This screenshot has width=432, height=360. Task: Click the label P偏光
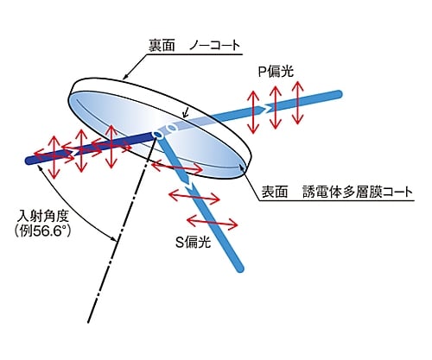point(276,72)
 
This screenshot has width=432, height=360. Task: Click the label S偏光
point(194,243)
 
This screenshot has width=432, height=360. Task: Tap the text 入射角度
point(42,216)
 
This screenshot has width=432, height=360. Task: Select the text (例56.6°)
point(42,231)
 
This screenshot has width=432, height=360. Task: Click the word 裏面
point(162,46)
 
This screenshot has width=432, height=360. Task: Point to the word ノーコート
point(214,46)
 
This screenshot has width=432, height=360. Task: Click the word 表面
point(275,192)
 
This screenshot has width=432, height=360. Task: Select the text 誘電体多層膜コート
point(358,192)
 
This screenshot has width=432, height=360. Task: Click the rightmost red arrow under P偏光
point(298,103)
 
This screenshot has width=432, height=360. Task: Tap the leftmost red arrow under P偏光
point(253,112)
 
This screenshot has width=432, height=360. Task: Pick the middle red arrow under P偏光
point(276,107)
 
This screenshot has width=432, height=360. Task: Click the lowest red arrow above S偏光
point(213,223)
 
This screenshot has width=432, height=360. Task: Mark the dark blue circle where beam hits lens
point(157,134)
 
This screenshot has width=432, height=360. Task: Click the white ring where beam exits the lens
point(172,127)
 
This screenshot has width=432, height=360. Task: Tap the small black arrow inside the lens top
point(186,112)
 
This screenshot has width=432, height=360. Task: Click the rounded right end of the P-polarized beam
point(339,94)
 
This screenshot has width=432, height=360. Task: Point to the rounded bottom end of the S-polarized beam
point(240,268)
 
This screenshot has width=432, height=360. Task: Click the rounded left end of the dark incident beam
point(29,161)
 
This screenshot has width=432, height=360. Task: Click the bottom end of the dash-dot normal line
point(89,322)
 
